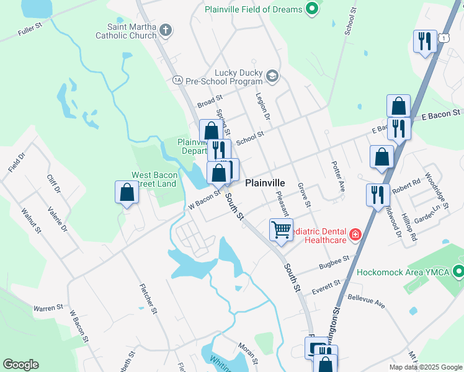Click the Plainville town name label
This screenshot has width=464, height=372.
[x=265, y=183]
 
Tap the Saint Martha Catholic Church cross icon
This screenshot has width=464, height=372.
[x=165, y=29]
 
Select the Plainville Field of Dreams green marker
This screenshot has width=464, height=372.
[x=313, y=9]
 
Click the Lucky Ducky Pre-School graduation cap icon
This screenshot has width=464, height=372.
[x=272, y=76]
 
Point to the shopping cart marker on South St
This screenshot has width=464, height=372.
[x=281, y=230]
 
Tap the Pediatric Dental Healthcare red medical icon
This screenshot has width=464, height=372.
[x=355, y=234]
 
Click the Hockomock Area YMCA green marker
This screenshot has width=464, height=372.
[x=458, y=271]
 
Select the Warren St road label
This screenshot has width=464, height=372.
[x=48, y=307]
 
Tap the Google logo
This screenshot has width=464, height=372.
[x=20, y=365]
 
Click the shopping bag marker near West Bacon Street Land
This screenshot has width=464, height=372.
[x=127, y=192]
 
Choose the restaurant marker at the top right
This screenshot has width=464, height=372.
[x=425, y=42]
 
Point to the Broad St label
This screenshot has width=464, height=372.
[x=210, y=102]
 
